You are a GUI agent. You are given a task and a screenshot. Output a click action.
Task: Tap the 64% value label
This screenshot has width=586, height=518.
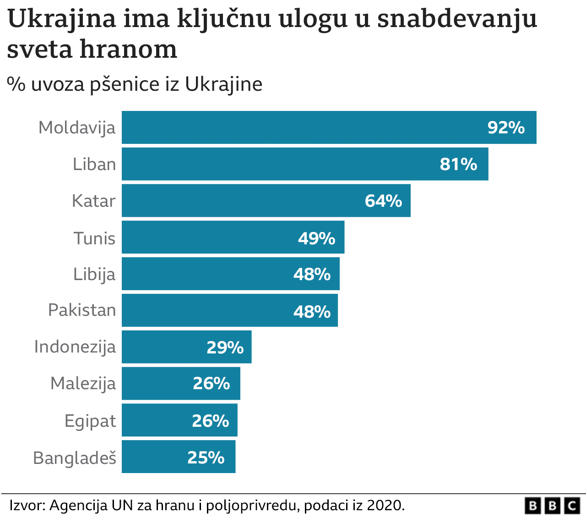383,201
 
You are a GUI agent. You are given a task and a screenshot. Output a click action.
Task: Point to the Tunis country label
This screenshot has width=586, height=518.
94,238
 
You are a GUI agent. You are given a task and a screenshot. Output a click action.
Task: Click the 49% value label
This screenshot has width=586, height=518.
316,238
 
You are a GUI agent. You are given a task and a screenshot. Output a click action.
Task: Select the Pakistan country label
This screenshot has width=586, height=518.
82,310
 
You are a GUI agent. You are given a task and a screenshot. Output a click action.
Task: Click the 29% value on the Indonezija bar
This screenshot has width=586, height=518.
225,347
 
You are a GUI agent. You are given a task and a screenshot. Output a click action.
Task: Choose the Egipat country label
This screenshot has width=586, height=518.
90,421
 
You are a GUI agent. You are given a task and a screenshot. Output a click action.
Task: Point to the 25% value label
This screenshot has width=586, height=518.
206,457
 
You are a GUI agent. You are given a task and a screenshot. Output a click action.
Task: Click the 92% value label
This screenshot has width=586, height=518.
506,127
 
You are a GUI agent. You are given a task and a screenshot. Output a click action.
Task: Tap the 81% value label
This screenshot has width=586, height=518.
458,164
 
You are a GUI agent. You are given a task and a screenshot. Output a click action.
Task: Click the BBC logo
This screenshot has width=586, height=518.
553,506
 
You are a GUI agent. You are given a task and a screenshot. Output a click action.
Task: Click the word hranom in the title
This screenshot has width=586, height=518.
128,50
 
